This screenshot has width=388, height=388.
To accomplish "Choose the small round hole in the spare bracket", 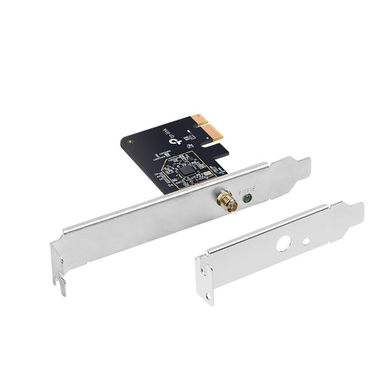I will (306, 240).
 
